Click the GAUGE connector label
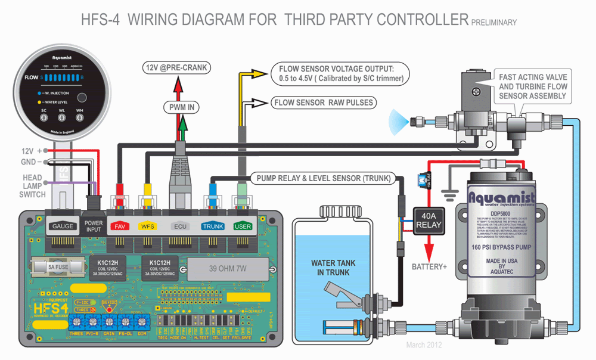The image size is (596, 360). (x=62, y=226)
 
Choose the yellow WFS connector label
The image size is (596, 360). (x=147, y=226)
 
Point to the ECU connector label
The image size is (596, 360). (x=179, y=226)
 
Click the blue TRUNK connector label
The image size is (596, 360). (x=212, y=226)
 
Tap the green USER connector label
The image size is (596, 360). (x=243, y=226)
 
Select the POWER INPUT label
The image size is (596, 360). (x=94, y=226)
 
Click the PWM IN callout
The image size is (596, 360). (x=182, y=107)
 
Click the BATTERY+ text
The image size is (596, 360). (x=429, y=266)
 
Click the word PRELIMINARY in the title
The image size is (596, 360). (x=493, y=23)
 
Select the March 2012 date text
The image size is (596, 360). (x=424, y=345)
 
